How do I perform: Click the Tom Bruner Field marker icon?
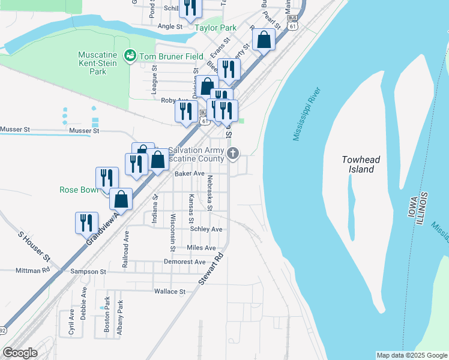click(x=130, y=56)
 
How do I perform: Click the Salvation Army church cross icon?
click(x=234, y=154)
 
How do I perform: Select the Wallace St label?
click(x=169, y=292)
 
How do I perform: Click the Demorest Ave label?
click(x=184, y=262)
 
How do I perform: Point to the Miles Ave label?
click(x=201, y=247)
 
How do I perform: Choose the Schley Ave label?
click(x=206, y=229)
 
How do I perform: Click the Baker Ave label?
click(x=190, y=173)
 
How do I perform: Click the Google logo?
click(x=20, y=352)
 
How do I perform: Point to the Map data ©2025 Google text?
click(x=411, y=355)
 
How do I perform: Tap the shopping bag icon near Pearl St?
click(x=264, y=41)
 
